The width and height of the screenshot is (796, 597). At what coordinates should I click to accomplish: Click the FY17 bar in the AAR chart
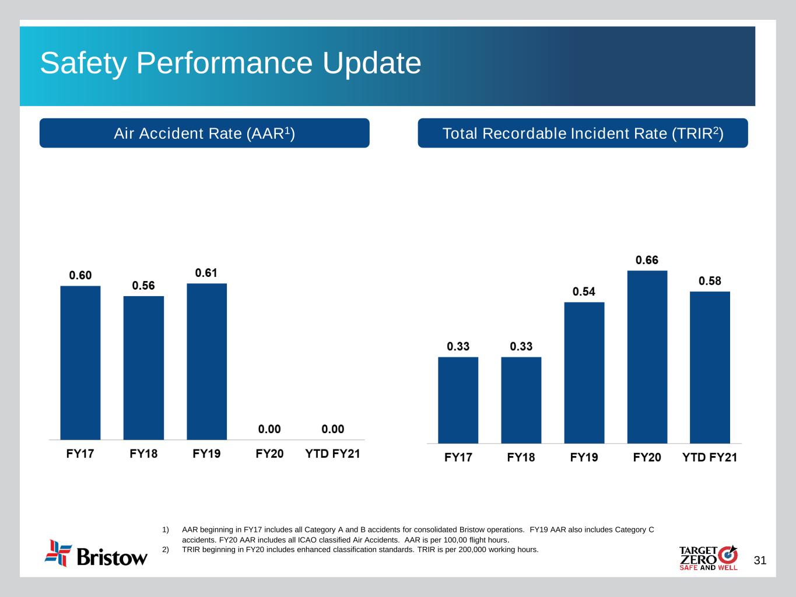pyautogui.click(x=80, y=363)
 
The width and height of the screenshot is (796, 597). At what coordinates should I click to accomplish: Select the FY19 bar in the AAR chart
pyautogui.click(x=206, y=361)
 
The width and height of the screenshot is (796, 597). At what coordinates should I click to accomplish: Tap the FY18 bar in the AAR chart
pyautogui.click(x=143, y=368)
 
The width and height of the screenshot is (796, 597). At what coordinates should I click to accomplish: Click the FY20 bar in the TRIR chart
pyautogui.click(x=647, y=357)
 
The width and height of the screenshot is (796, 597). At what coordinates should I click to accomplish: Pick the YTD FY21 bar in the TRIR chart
pyautogui.click(x=710, y=367)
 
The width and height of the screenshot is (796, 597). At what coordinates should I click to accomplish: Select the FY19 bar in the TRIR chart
pyautogui.click(x=584, y=373)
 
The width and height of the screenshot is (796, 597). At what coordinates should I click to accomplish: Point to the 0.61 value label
pyautogui.click(x=206, y=273)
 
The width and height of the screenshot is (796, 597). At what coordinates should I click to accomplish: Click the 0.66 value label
pyautogui.click(x=647, y=260)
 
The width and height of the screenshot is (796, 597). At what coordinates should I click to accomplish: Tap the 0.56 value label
pyautogui.click(x=143, y=286)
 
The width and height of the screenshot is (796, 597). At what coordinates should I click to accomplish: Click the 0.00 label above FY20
pyautogui.click(x=269, y=429)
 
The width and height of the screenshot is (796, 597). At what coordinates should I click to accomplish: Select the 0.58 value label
pyautogui.click(x=710, y=281)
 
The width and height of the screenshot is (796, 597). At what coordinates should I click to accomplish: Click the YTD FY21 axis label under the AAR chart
pyautogui.click(x=332, y=454)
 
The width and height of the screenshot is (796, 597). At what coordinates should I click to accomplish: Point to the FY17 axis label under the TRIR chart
pyautogui.click(x=458, y=457)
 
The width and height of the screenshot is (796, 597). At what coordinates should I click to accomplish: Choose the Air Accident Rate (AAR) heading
pyautogui.click(x=204, y=134)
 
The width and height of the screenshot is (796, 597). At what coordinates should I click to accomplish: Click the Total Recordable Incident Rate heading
pyautogui.click(x=583, y=134)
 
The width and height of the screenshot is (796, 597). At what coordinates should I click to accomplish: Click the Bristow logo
pyautogui.click(x=96, y=553)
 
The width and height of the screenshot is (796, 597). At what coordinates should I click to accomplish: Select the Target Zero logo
pyautogui.click(x=708, y=558)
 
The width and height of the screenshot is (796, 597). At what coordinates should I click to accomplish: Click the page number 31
pyautogui.click(x=760, y=561)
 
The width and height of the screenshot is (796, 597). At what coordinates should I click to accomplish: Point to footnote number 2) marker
pyautogui.click(x=166, y=549)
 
